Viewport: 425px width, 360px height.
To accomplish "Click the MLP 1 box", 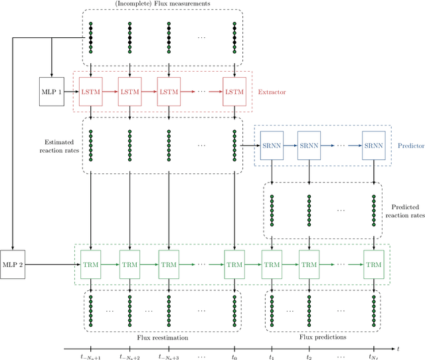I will pos(51,90).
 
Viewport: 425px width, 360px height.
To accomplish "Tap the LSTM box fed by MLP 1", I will pos(90,90).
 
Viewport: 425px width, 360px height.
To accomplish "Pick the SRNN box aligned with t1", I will pos(272,145).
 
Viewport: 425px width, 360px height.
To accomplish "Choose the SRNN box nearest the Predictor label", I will pos(373,145).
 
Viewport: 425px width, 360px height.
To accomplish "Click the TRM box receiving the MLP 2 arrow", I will pos(90,264).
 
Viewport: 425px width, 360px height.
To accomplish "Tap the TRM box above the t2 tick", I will pos(309,264).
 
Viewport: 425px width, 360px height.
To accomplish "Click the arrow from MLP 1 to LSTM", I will pos(70,90).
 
